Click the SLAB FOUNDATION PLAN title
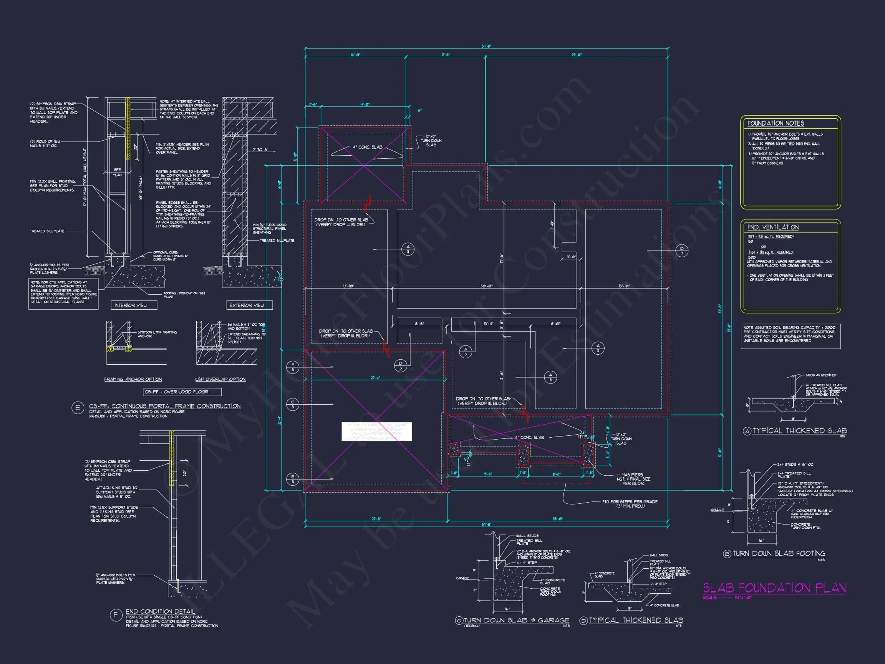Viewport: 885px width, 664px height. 774,588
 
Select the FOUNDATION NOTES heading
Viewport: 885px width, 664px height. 776,123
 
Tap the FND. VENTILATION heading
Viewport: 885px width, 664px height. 772,227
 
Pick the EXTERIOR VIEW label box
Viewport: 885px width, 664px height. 247,305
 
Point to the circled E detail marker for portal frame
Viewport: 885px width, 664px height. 77,408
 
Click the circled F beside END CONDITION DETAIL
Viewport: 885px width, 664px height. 116,615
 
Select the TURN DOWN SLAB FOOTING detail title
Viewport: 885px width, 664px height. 778,554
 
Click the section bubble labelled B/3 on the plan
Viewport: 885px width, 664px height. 682,251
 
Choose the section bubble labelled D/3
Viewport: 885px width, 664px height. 401,365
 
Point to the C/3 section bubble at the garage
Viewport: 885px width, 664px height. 293,404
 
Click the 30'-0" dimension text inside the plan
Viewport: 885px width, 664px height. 487,286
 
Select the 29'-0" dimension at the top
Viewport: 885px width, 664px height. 577,55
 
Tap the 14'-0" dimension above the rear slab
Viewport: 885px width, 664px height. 365,105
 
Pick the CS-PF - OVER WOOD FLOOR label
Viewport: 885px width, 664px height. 182,392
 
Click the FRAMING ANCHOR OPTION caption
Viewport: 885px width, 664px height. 133,379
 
